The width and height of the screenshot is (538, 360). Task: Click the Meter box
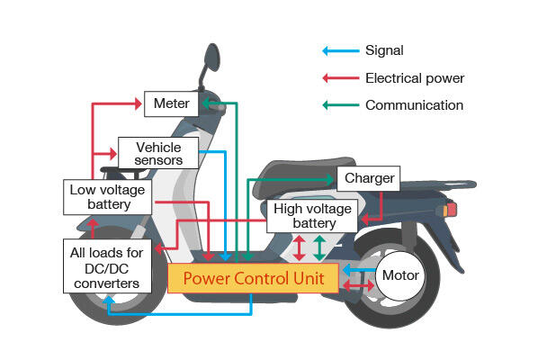coord(171,103)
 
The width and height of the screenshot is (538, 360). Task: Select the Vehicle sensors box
coord(158,153)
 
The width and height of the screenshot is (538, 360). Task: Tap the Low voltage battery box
coord(107,197)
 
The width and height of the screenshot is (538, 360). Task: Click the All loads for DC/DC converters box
coord(107,266)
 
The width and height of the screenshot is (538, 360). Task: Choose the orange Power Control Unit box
coord(253,278)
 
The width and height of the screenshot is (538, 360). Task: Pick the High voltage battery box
coord(312,216)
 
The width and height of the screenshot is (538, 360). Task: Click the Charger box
coord(369,178)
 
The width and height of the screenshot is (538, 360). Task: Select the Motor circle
coord(400,275)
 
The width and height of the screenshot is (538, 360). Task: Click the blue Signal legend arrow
coord(341,51)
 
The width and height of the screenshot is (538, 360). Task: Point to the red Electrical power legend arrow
coord(341,78)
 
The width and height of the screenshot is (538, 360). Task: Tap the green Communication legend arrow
coord(341,105)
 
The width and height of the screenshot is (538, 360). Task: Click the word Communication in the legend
coord(415,105)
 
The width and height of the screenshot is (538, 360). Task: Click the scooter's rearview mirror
coord(212,57)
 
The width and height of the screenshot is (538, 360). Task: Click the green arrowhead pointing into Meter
coord(205,103)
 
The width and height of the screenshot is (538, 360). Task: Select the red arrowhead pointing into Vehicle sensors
coord(113,153)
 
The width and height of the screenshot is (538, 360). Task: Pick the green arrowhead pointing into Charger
coord(330,179)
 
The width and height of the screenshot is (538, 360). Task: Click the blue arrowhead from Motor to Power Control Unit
coord(346,270)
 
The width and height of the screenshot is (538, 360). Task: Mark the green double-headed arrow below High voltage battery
coord(319,247)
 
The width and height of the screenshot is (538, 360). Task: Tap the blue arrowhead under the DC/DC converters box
coord(109,300)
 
